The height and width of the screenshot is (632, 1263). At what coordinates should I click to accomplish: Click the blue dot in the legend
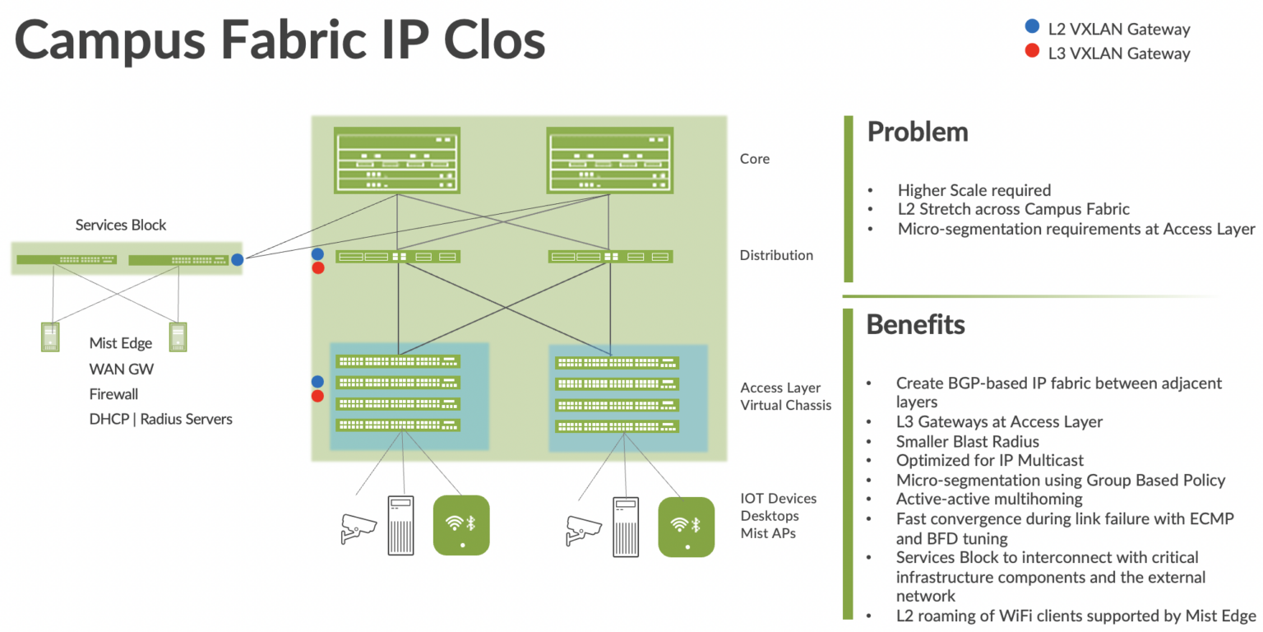click(x=1031, y=27)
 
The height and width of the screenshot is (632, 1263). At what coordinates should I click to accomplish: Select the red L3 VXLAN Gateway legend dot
click(x=1031, y=53)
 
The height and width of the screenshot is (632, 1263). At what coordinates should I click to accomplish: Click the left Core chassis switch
click(x=396, y=160)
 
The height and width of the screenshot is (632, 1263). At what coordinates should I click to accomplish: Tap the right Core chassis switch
click(x=610, y=160)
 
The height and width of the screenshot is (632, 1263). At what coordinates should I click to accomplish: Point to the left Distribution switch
click(x=398, y=257)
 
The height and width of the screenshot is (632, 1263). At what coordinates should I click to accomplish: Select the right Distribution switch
click(x=610, y=257)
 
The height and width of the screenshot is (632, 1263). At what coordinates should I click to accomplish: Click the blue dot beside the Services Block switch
click(x=237, y=260)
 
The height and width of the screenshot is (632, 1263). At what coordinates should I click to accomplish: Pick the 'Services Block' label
click(x=121, y=225)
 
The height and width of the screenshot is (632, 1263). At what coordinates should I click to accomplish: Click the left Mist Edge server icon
click(x=51, y=337)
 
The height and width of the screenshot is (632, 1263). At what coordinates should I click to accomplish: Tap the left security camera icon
click(x=359, y=529)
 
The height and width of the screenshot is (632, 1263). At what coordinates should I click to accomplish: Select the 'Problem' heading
click(x=918, y=132)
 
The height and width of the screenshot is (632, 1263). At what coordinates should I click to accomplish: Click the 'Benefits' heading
click(x=915, y=324)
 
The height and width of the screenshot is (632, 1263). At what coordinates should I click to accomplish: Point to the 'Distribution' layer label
click(x=776, y=255)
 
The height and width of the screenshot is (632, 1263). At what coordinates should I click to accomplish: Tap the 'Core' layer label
click(x=755, y=159)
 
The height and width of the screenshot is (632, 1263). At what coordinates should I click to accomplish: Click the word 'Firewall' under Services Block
click(x=113, y=394)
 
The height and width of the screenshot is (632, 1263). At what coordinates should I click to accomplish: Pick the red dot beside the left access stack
click(x=318, y=397)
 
